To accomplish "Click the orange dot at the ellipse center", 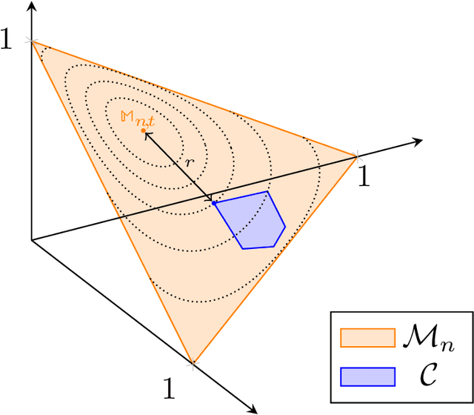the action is click(x=144, y=130).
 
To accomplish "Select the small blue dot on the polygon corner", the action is click(x=214, y=202).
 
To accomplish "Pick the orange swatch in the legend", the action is click(x=367, y=338).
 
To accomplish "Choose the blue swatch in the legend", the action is click(x=367, y=376).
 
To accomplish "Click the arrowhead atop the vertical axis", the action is click(x=31, y=6).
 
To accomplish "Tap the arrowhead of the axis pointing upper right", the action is click(x=418, y=139).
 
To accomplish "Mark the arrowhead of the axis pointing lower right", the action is click(x=253, y=408).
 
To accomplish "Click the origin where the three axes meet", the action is click(x=31, y=240).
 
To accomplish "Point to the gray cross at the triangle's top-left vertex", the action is click(x=31, y=41).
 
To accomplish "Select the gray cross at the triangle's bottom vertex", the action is click(x=193, y=363).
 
